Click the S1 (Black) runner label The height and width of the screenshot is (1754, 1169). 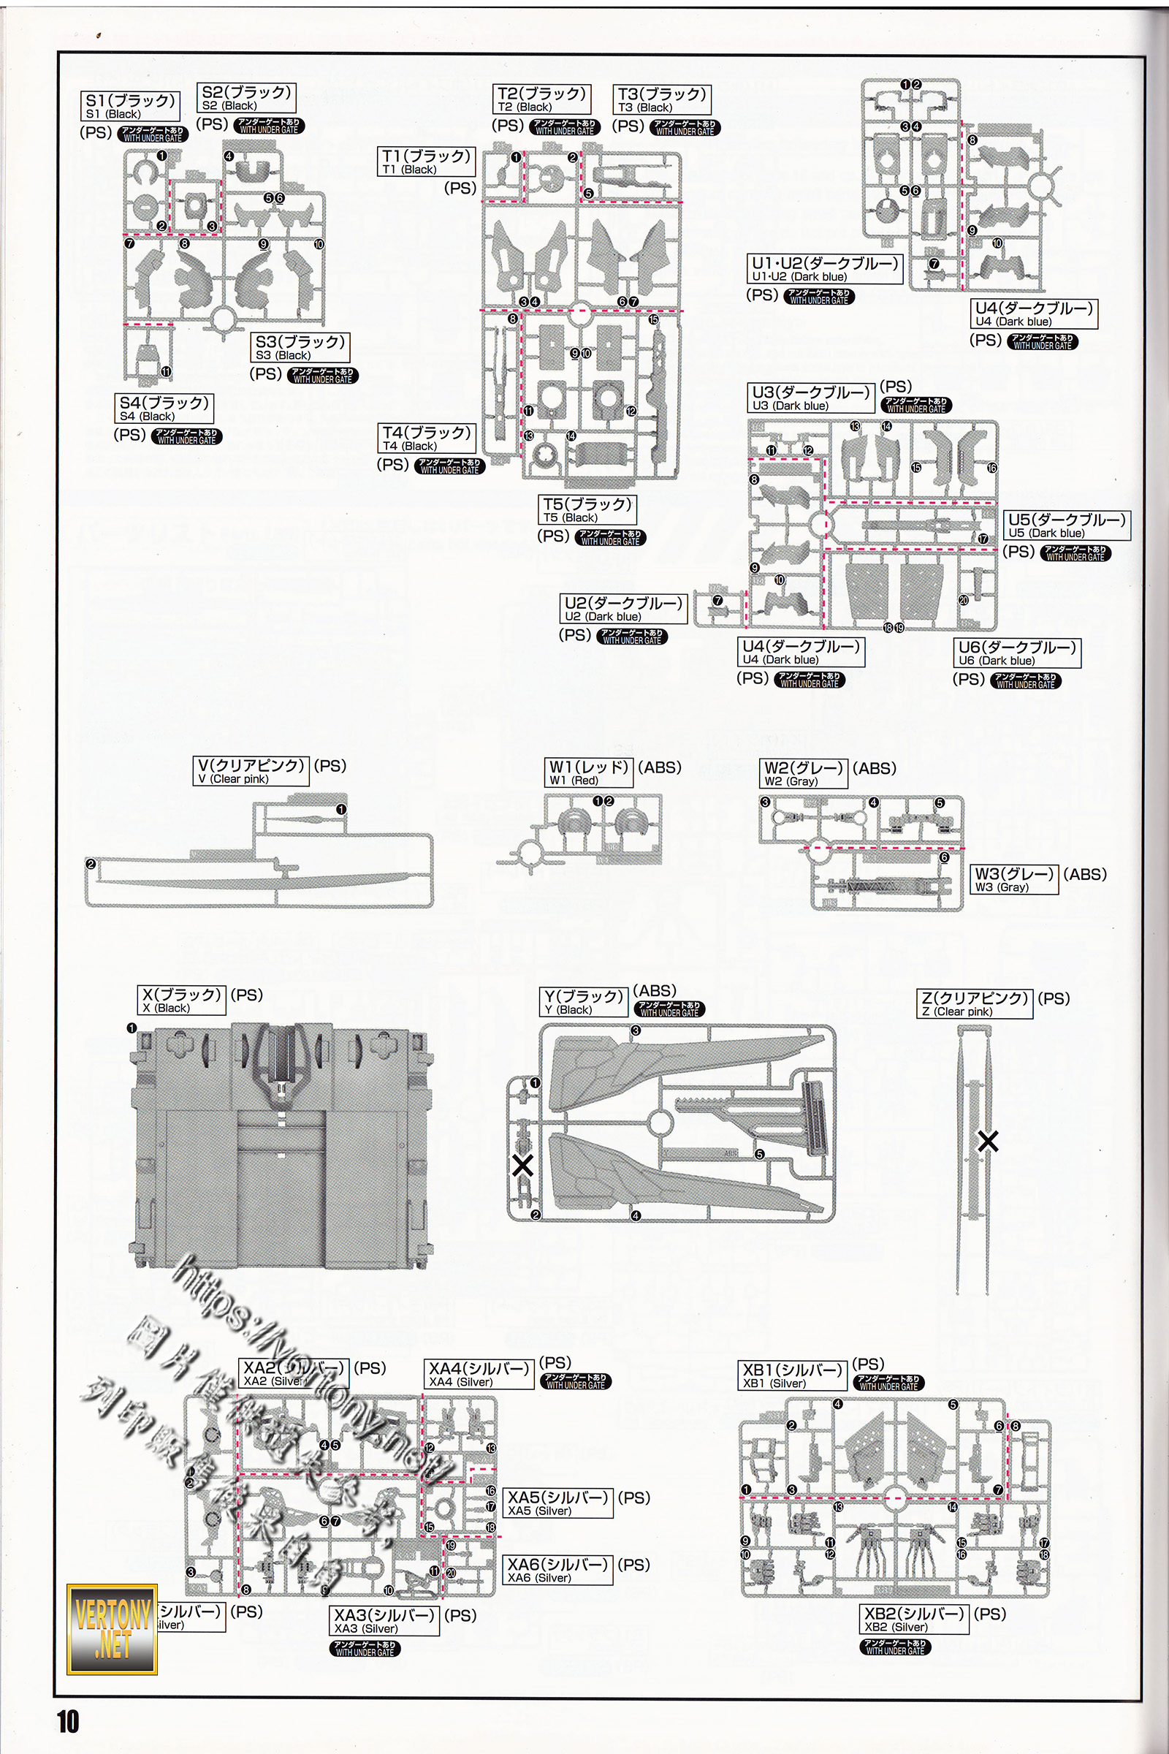point(131,106)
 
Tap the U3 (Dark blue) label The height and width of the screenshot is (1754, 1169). point(810,398)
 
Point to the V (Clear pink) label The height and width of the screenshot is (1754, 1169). point(251,771)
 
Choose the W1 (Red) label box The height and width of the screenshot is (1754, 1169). point(589,772)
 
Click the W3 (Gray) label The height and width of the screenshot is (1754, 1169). point(1014,879)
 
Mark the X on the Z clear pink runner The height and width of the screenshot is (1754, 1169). point(988,1141)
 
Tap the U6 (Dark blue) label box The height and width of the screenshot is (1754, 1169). point(1017,653)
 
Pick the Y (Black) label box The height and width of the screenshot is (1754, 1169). point(584,1002)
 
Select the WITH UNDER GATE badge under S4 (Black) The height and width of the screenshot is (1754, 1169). point(186,436)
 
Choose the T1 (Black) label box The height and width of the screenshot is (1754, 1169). point(426,162)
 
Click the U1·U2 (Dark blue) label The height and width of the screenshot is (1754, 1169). point(825,269)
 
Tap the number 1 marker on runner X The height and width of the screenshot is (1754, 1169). point(132,1028)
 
